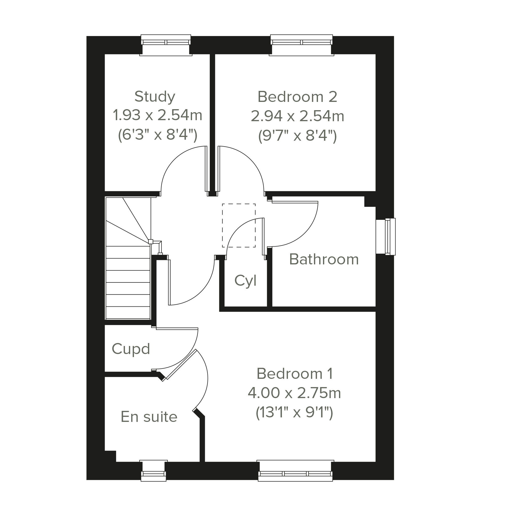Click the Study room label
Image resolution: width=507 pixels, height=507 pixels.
(x=155, y=97)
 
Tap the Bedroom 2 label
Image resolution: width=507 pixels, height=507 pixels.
(x=297, y=97)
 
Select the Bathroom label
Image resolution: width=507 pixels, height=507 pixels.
(x=324, y=259)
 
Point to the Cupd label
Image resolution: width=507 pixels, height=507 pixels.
(x=131, y=349)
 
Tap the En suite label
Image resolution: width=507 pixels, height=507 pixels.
(x=149, y=417)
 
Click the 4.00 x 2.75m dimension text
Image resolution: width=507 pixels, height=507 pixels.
(x=294, y=393)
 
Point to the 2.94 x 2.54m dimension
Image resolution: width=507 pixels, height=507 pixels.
(x=297, y=116)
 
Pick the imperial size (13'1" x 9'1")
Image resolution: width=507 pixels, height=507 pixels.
(x=294, y=413)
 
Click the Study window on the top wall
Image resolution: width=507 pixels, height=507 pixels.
(x=166, y=45)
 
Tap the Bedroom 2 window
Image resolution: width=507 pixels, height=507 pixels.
(x=301, y=45)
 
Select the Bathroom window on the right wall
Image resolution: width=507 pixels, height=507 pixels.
(x=386, y=236)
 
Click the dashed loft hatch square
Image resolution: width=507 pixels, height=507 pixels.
(x=239, y=225)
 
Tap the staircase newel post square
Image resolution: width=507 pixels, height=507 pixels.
(x=151, y=242)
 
